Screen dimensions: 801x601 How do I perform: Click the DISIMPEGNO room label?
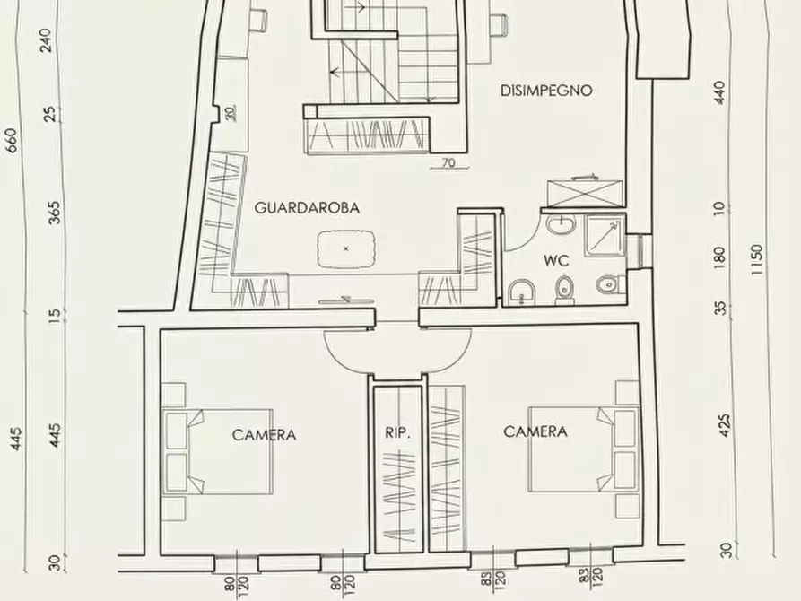point(546,91)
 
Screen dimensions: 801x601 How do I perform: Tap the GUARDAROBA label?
point(307,207)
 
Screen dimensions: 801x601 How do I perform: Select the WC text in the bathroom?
point(556,261)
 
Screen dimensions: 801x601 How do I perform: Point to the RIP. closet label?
point(397,433)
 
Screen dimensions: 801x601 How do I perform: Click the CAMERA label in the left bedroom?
point(264,435)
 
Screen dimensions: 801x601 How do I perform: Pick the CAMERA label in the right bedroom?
point(535,431)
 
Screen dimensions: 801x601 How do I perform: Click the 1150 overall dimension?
point(756,260)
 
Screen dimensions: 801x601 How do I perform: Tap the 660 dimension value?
point(12,141)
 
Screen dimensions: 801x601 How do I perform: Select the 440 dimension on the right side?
point(719,93)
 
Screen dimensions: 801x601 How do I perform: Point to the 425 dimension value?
point(725,425)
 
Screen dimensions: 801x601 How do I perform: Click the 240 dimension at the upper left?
point(46,40)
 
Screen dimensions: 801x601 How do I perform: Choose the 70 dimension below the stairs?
point(448,163)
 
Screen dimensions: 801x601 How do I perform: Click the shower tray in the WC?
point(605,235)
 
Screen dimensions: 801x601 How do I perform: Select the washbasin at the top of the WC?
point(561,224)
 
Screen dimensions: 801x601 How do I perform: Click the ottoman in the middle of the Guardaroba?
point(346,248)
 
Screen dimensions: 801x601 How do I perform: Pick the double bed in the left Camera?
point(218,451)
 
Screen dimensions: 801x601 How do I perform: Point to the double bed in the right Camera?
point(584,449)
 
